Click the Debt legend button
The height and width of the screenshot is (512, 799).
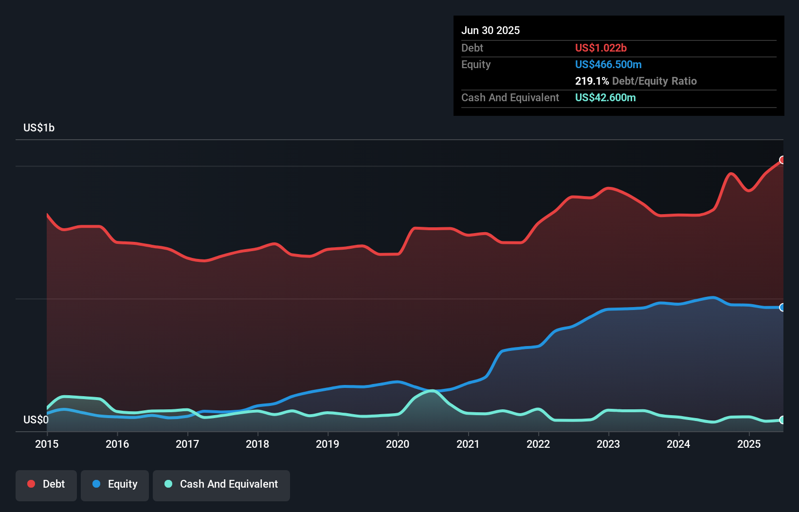46,485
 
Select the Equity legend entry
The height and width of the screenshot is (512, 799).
115,485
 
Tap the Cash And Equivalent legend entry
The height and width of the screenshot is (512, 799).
221,485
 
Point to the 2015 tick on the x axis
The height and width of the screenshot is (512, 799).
47,444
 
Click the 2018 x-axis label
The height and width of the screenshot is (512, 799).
257,444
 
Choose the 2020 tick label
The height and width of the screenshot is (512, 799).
398,444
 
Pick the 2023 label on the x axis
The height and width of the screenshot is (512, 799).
608,444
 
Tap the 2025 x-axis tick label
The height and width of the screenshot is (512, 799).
748,444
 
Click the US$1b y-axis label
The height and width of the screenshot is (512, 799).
39,128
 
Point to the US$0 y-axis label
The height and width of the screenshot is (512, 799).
36,420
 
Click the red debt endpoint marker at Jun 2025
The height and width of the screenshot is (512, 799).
782,160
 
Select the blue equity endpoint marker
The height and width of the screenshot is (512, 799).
782,308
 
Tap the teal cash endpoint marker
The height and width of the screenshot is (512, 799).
782,420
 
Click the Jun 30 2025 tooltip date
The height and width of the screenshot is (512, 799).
490,31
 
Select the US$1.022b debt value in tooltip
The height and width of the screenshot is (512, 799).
600,48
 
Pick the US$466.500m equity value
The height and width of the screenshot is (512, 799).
608,65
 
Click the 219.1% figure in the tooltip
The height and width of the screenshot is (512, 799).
592,81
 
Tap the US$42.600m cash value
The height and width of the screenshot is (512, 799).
605,98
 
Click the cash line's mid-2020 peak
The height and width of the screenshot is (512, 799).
432,391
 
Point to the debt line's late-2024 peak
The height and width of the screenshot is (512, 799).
730,173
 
